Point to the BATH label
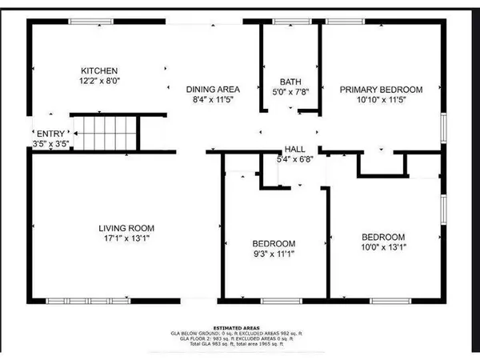[x=290, y=82]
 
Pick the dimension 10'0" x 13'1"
[x=382, y=248]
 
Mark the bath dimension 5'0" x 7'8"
[x=290, y=93]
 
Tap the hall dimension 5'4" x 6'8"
[x=294, y=160]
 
